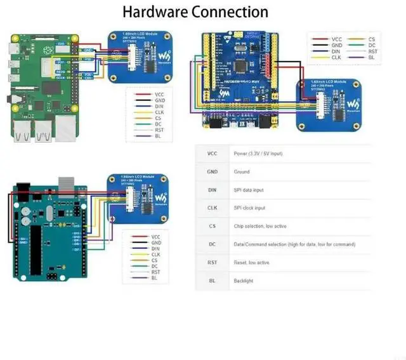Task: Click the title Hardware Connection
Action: (195, 11)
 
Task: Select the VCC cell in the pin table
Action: (212, 154)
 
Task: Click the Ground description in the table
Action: (242, 172)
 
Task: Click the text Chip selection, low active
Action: (260, 226)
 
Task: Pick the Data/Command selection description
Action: (294, 244)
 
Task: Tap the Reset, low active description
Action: (252, 262)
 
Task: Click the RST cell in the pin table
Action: (212, 262)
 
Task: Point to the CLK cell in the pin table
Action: (212, 208)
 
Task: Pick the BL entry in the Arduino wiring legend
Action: (154, 278)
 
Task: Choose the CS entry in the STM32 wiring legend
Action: (372, 39)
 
